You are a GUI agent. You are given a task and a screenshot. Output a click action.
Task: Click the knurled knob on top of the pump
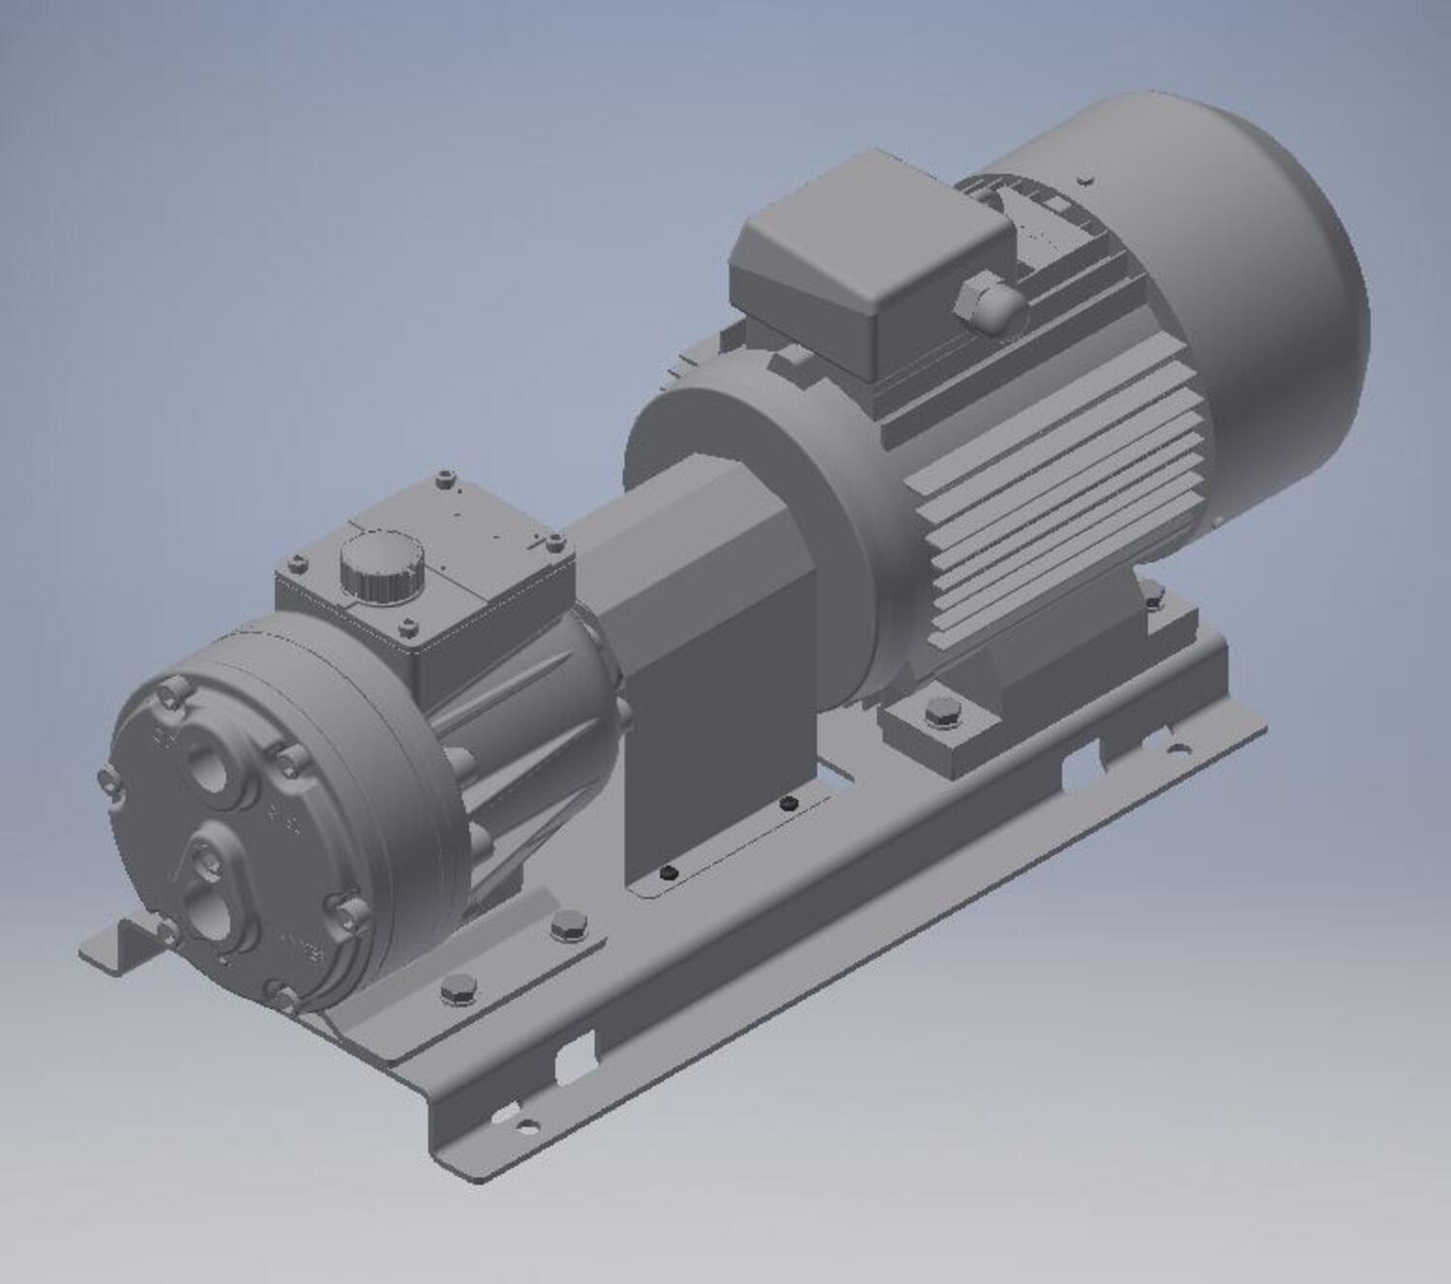(x=381, y=569)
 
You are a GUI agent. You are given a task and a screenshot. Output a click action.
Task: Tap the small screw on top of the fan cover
(x=1086, y=180)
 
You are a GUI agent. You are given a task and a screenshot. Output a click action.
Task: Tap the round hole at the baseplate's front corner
(x=527, y=1125)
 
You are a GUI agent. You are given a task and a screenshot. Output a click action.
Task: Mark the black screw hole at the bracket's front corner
(x=666, y=873)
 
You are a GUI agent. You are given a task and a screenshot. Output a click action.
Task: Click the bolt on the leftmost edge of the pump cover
(x=108, y=781)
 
